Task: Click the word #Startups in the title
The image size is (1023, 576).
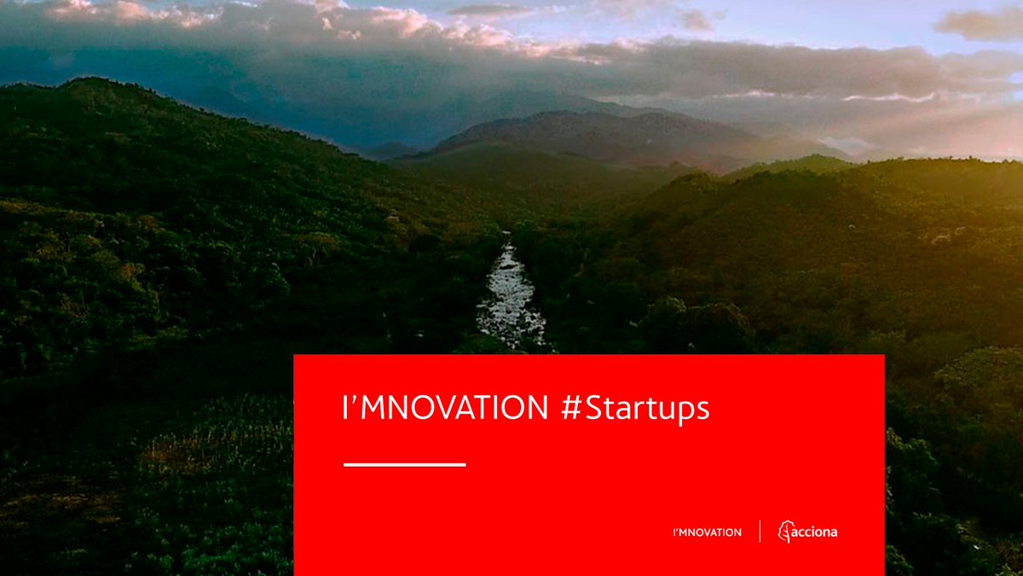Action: [635, 409]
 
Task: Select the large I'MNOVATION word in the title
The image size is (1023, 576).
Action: [445, 407]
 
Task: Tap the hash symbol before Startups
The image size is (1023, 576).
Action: [571, 407]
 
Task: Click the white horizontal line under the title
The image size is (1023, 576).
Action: [405, 465]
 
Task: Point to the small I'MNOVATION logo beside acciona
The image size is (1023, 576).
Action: [708, 532]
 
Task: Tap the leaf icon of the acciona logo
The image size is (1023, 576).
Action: [784, 531]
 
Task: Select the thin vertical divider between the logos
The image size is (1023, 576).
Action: [760, 531]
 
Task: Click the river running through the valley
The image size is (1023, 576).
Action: [510, 297]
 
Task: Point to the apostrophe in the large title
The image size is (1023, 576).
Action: [353, 400]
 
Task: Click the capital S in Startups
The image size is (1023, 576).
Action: [592, 408]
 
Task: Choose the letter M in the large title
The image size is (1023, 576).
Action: [372, 408]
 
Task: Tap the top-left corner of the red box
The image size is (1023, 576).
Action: [293, 355]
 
